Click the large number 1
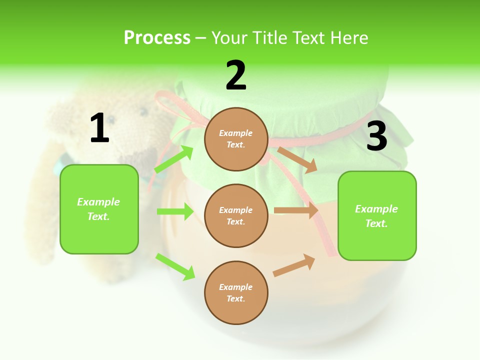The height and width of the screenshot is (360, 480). (99, 128)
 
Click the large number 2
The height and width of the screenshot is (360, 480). (236, 75)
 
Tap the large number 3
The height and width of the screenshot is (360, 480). (376, 136)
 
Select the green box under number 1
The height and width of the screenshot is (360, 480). (99, 209)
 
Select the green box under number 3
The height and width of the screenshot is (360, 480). (377, 215)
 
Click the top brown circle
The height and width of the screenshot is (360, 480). (236, 139)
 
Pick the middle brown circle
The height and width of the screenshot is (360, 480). (236, 215)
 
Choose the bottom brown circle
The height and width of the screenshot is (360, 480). (236, 292)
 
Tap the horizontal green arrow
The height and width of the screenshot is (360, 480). (175, 211)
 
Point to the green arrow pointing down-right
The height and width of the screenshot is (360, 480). (175, 266)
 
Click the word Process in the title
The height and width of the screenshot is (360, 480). (157, 37)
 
